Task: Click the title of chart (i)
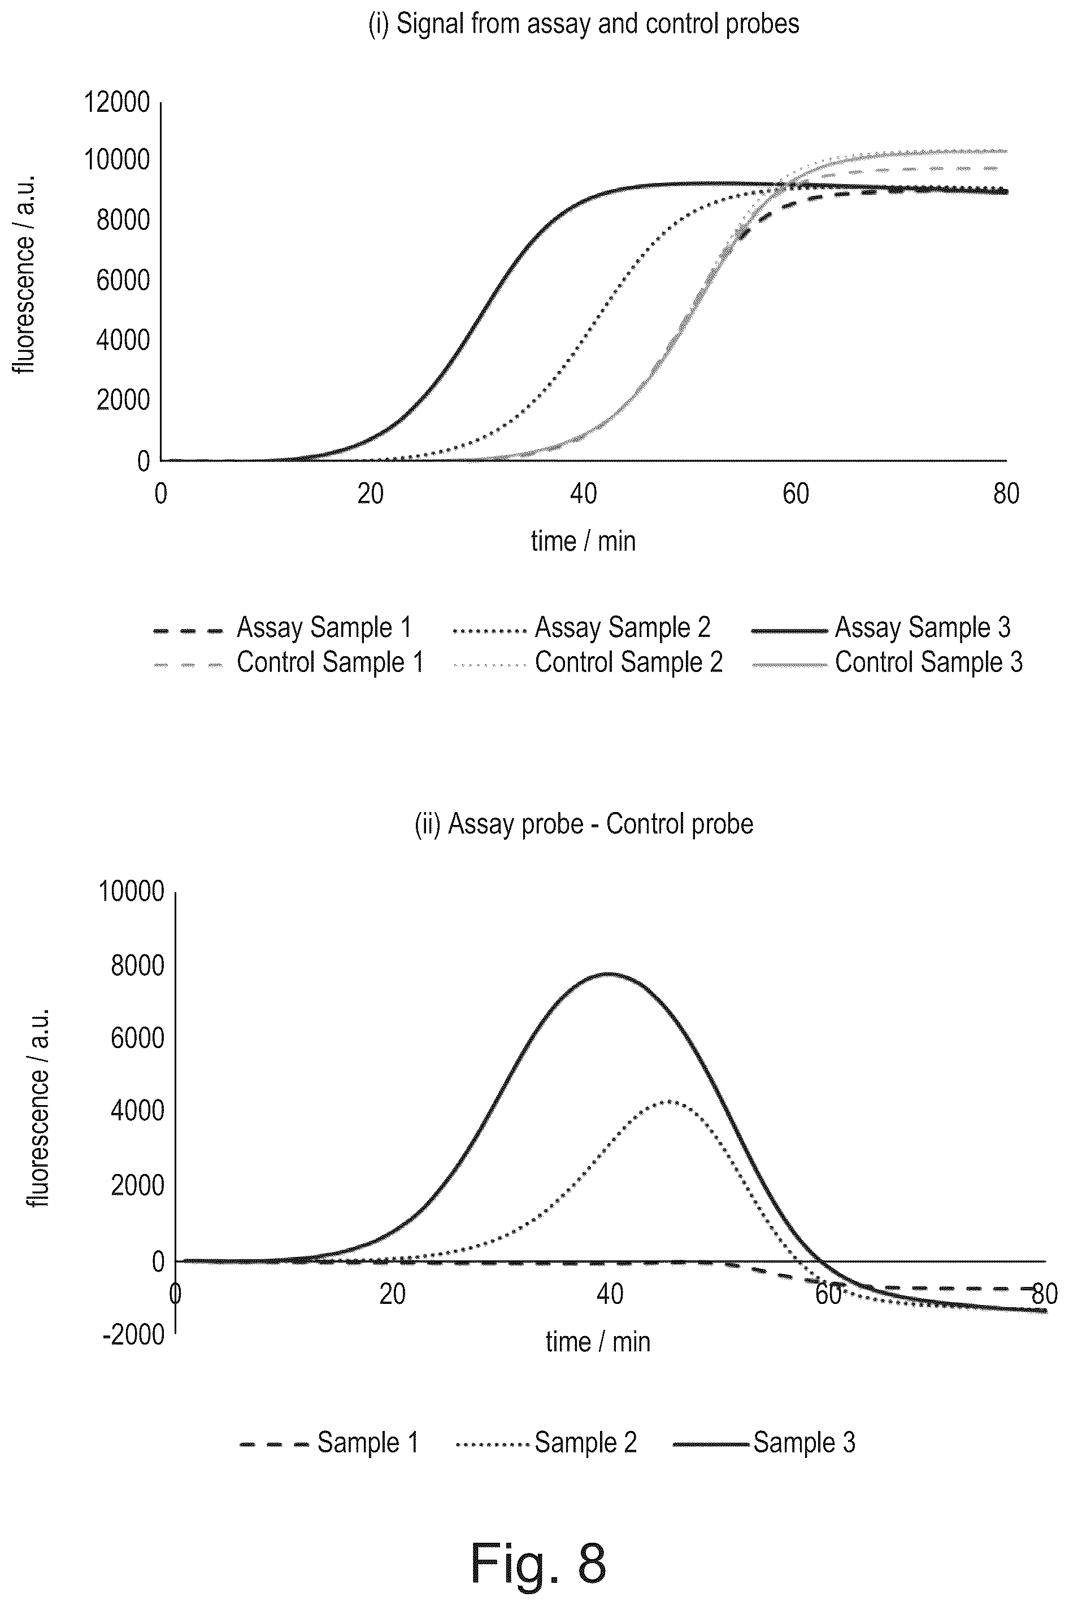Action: click(584, 24)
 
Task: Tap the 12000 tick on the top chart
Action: click(116, 102)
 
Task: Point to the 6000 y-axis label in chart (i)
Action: click(123, 280)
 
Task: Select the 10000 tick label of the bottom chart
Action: click(132, 891)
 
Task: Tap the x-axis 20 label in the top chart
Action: click(371, 494)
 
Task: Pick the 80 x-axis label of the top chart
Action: click(1006, 494)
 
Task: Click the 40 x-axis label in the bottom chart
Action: click(610, 1293)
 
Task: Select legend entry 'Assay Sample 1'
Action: click(283, 627)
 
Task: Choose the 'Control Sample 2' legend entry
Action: click(588, 662)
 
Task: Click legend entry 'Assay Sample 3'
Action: click(881, 627)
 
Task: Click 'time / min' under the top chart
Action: click(584, 541)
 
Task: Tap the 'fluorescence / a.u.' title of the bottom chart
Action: click(38, 1107)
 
